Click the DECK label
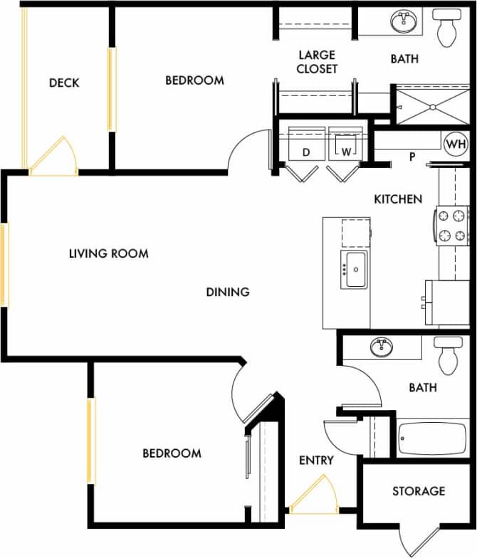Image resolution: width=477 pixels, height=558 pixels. [x=64, y=83]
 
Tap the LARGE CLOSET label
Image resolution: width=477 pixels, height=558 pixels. [x=318, y=62]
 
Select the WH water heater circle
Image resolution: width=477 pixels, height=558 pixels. [x=454, y=144]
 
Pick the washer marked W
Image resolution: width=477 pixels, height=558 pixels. [x=346, y=146]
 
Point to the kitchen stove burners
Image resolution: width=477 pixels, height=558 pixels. [x=452, y=226]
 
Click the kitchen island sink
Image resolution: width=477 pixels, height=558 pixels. [x=354, y=270]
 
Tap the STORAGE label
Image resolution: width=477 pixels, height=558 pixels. [x=419, y=491]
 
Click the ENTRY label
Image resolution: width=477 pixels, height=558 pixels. [x=316, y=460]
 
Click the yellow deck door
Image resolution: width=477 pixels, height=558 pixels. [x=53, y=157]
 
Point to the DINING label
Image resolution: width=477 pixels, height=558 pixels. [x=228, y=292]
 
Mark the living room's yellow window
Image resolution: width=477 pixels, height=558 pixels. [x=4, y=265]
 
